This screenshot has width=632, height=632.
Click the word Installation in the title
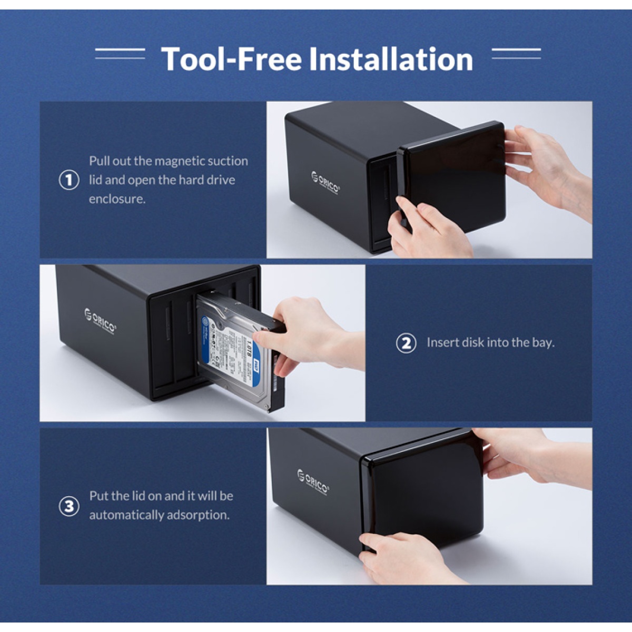[x=391, y=58]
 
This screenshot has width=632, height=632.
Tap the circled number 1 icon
[x=68, y=180]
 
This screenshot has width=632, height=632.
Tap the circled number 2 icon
[x=406, y=343]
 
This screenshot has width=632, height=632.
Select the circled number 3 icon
[x=68, y=506]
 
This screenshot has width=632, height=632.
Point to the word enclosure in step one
[x=116, y=199]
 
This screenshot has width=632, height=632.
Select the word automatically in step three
[x=126, y=515]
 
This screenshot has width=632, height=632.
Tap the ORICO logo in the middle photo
[x=100, y=319]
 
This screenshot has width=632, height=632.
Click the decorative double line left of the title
[x=120, y=54]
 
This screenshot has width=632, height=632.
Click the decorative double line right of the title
[x=516, y=54]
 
